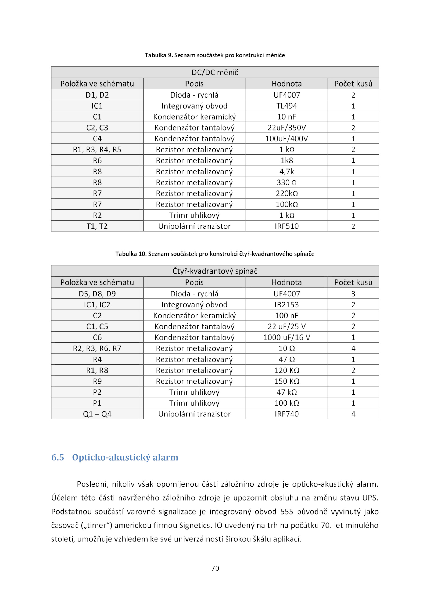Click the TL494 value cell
click(286, 106)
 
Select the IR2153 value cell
click(286, 304)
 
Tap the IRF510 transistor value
click(286, 226)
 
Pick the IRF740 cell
click(286, 414)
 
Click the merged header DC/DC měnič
click(215, 72)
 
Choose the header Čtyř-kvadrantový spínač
click(215, 271)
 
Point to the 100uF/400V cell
click(286, 139)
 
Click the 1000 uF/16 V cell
click(286, 337)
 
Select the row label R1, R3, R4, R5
click(97, 150)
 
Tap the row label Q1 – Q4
click(97, 414)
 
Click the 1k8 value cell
click(286, 160)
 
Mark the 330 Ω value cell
click(286, 182)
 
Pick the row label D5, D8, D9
click(97, 294)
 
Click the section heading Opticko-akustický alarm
click(125, 457)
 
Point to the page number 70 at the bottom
click(215, 568)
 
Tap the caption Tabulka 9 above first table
click(215, 55)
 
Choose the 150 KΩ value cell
click(286, 381)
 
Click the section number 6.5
click(58, 457)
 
